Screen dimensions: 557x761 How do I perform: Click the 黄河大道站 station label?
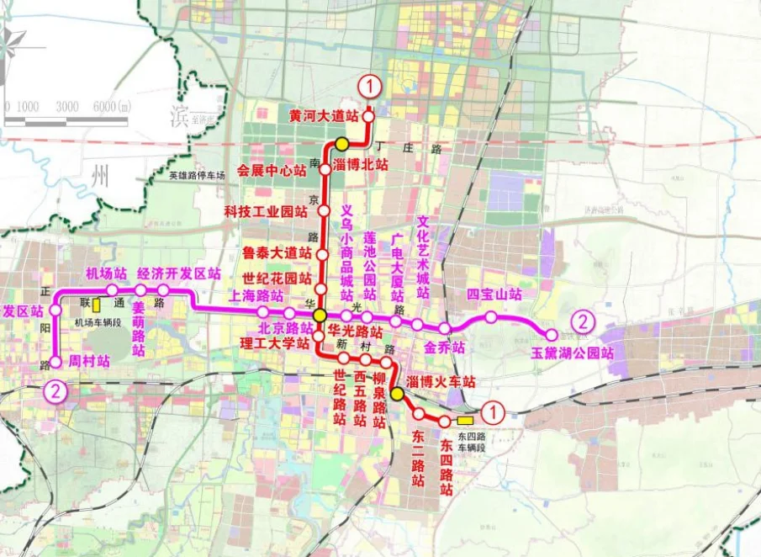point(324,115)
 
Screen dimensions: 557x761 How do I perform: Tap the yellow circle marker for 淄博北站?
point(342,144)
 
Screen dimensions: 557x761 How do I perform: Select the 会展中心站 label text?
point(272,171)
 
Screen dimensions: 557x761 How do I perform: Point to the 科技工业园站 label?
point(267,210)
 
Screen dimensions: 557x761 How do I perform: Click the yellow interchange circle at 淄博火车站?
point(397,392)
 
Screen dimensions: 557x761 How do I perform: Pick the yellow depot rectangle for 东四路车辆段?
point(464,419)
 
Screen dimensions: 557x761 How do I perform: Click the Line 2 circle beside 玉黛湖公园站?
point(583,321)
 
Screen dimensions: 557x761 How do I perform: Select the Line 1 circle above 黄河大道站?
point(369,86)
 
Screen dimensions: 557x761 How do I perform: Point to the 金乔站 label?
point(444,347)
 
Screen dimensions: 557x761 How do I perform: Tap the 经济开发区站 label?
point(178,273)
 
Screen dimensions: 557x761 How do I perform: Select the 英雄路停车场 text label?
point(197,176)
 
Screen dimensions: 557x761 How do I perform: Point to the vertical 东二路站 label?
point(418,459)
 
